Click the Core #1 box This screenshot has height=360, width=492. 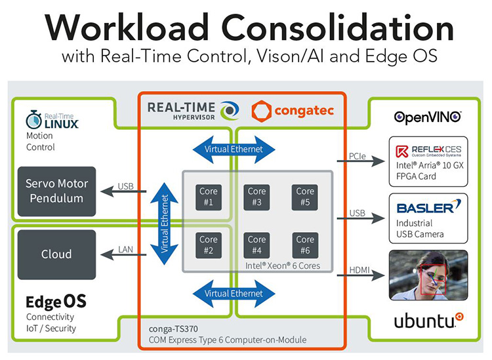pos(209,197)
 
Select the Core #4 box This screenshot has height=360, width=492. pos(256,245)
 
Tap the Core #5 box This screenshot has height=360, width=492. pos(305,197)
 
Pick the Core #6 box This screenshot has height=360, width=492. pos(305,245)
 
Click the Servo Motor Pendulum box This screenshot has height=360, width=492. pos(56,191)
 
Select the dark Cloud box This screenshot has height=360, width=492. pos(56,254)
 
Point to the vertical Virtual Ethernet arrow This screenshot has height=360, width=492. pos(165,224)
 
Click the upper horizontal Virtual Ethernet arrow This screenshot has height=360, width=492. pos(234,150)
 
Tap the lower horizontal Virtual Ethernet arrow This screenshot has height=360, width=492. pos(234,294)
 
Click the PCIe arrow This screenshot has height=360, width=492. pos(361,161)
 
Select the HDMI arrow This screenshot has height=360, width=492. pos(361,275)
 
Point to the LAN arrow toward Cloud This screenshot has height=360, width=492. pos(123,254)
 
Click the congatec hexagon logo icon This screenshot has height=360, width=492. pos(261,111)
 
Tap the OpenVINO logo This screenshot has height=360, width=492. pos(428,117)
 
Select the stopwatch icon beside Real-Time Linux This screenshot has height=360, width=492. pos(34,120)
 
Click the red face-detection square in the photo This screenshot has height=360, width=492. pos(433,280)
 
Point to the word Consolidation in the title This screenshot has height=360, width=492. pos(337,28)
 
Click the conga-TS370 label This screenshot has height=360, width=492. pos(173,329)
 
